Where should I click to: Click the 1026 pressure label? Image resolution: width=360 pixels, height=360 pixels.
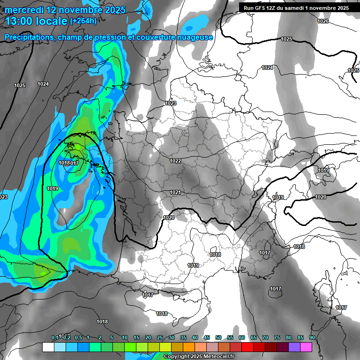click(323, 22)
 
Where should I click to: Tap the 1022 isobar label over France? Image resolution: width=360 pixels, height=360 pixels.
click(175, 161)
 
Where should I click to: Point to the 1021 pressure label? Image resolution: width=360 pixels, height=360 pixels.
click(175, 192)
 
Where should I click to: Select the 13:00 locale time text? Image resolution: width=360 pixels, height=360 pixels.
click(36, 21)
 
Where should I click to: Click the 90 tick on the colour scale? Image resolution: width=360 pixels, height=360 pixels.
click(312, 337)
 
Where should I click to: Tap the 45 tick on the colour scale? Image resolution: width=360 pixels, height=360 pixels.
click(207, 337)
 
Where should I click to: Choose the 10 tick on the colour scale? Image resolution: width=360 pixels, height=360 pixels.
click(125, 337)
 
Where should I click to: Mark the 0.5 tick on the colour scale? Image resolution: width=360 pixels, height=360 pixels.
click(78, 337)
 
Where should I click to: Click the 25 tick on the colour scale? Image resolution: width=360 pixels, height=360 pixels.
click(160, 337)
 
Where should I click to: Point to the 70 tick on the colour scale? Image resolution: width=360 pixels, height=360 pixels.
click(265, 337)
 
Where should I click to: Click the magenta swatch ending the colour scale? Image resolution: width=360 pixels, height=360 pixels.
click(306, 347)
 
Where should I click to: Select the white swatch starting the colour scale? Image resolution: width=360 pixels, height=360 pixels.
click(48, 347)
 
